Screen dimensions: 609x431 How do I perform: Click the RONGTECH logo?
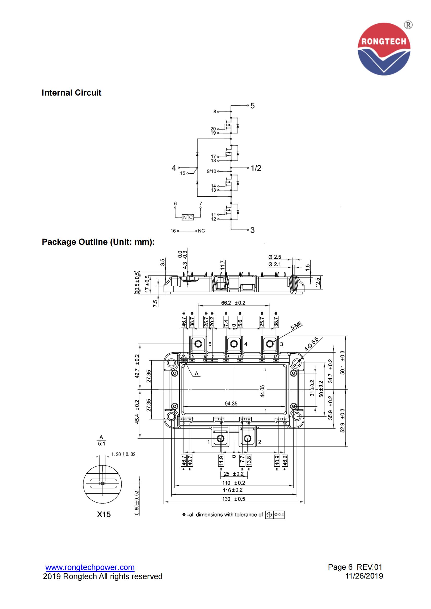384,49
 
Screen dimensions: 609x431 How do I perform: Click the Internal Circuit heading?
71,93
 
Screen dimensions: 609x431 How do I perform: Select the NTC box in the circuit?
188,217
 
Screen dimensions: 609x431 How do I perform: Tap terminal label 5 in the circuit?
253,106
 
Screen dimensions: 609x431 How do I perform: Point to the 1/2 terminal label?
256,168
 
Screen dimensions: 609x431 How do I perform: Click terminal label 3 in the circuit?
253,230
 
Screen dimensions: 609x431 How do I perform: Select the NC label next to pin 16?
201,231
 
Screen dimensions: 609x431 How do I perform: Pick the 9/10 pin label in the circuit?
211,171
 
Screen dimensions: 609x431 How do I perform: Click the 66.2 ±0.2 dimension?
233,303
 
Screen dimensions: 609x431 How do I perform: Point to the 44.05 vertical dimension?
262,391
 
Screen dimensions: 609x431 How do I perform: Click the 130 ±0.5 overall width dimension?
234,499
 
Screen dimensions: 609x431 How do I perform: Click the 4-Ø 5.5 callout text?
311,344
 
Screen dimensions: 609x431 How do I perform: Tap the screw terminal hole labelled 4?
234,344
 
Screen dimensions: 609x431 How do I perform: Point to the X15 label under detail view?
104,514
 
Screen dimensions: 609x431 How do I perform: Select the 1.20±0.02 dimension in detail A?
124,454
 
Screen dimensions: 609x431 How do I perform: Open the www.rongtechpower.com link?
90,567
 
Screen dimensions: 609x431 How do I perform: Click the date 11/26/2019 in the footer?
364,576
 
